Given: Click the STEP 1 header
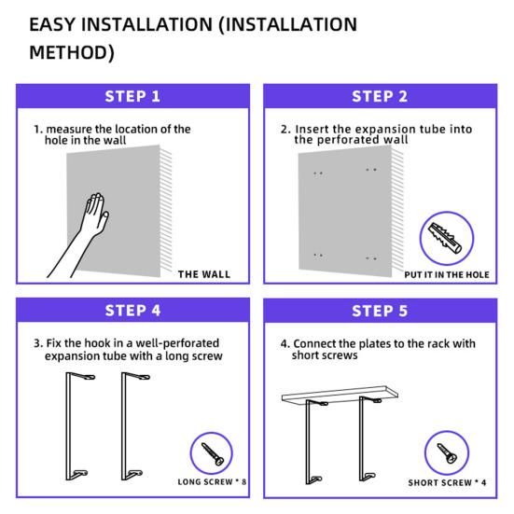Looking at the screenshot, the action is (x=132, y=96).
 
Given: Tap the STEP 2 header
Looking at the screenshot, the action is (x=380, y=96).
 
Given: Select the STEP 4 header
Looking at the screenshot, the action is (x=132, y=311).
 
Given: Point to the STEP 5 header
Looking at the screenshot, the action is (x=380, y=311).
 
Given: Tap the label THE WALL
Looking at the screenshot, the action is (x=204, y=274).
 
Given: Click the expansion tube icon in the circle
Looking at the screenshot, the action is (x=446, y=239).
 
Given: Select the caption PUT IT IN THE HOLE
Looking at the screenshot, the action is (x=447, y=274).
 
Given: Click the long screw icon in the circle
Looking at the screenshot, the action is (x=212, y=454).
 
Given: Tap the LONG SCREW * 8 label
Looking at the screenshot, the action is (x=212, y=482).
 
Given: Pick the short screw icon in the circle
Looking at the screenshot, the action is (x=447, y=453).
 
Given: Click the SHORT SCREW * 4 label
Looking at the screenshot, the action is (x=447, y=482).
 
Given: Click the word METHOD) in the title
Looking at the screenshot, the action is (x=72, y=52).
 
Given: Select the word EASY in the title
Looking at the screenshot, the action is (x=52, y=24).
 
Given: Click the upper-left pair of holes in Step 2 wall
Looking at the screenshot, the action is (x=318, y=174).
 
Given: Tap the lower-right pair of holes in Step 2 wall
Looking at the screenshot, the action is (x=371, y=258).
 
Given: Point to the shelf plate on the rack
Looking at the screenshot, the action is (x=340, y=394).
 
